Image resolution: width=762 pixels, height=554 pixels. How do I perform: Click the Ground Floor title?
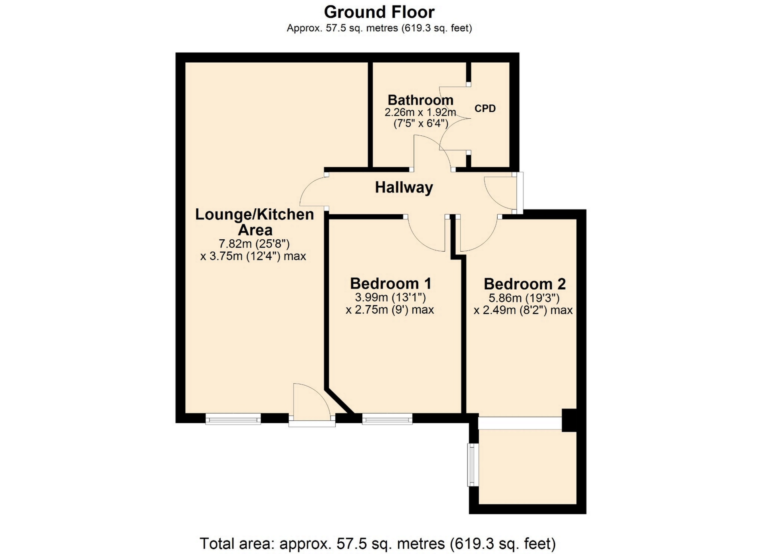(379, 12)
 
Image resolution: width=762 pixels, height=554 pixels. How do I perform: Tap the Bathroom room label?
(420, 100)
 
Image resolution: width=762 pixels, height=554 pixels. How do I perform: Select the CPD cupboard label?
(485, 108)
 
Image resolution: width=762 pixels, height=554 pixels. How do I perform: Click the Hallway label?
(404, 187)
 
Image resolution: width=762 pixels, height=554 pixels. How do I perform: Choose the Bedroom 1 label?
(391, 284)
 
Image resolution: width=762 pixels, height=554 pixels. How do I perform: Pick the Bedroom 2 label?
(525, 284)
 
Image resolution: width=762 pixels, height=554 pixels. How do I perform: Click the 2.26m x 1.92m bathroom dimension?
(420, 112)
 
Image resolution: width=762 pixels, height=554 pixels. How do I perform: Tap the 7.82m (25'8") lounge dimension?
(254, 243)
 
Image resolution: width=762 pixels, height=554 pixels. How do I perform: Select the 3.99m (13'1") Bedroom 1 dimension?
(391, 297)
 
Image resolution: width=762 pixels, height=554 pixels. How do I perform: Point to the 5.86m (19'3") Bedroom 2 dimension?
(524, 298)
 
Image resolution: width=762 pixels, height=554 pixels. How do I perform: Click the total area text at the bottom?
(377, 543)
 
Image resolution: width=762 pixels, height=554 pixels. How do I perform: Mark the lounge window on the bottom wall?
(233, 419)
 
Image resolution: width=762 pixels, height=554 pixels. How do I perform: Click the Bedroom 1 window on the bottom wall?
(387, 419)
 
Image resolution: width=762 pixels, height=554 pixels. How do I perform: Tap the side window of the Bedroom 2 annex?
(473, 465)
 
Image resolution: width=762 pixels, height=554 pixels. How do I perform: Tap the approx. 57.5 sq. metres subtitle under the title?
(379, 28)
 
